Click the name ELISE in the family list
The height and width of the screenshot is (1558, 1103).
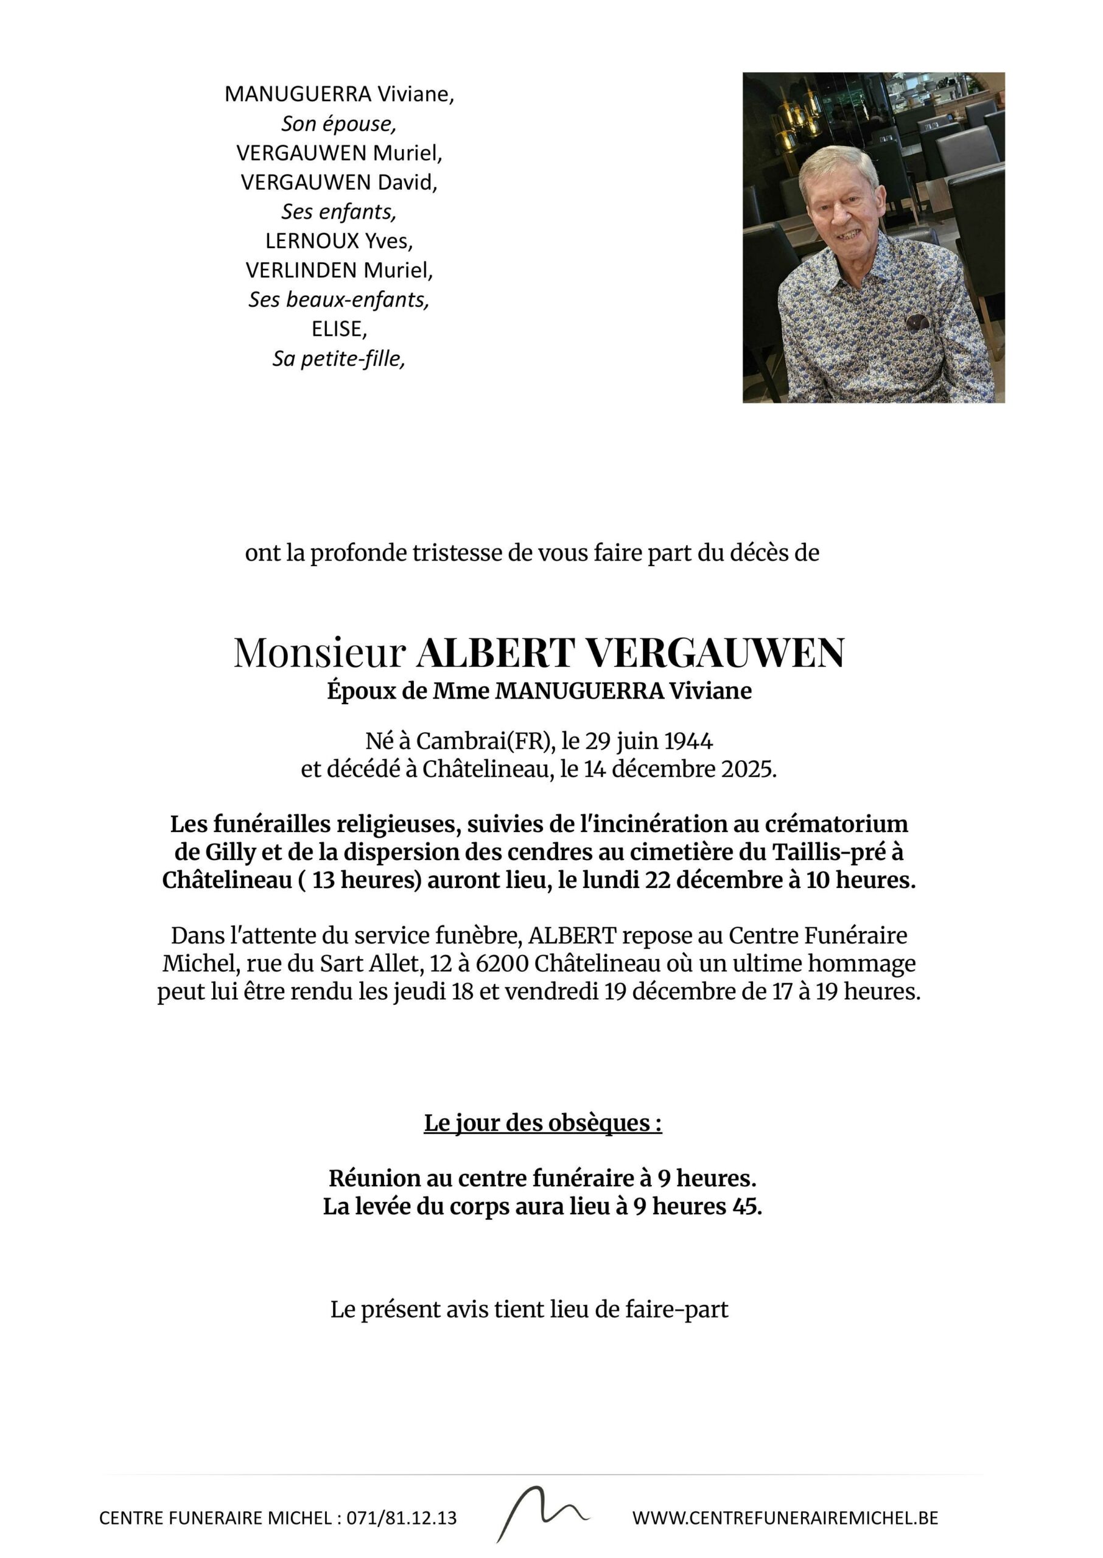click(x=339, y=329)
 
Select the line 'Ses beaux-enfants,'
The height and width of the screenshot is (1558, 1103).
click(x=339, y=299)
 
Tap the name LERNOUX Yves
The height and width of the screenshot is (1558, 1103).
click(x=339, y=241)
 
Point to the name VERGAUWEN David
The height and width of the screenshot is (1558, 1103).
click(x=339, y=183)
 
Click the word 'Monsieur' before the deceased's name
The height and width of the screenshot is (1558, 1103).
click(x=319, y=653)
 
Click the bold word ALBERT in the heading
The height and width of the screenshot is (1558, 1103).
click(x=496, y=653)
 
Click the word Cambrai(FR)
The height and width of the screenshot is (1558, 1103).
click(x=481, y=741)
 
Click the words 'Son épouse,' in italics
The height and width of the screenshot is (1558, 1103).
click(x=339, y=124)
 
